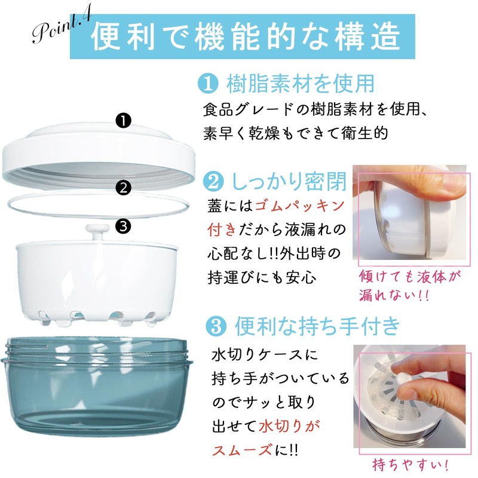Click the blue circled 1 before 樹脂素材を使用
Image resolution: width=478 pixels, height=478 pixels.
206,84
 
